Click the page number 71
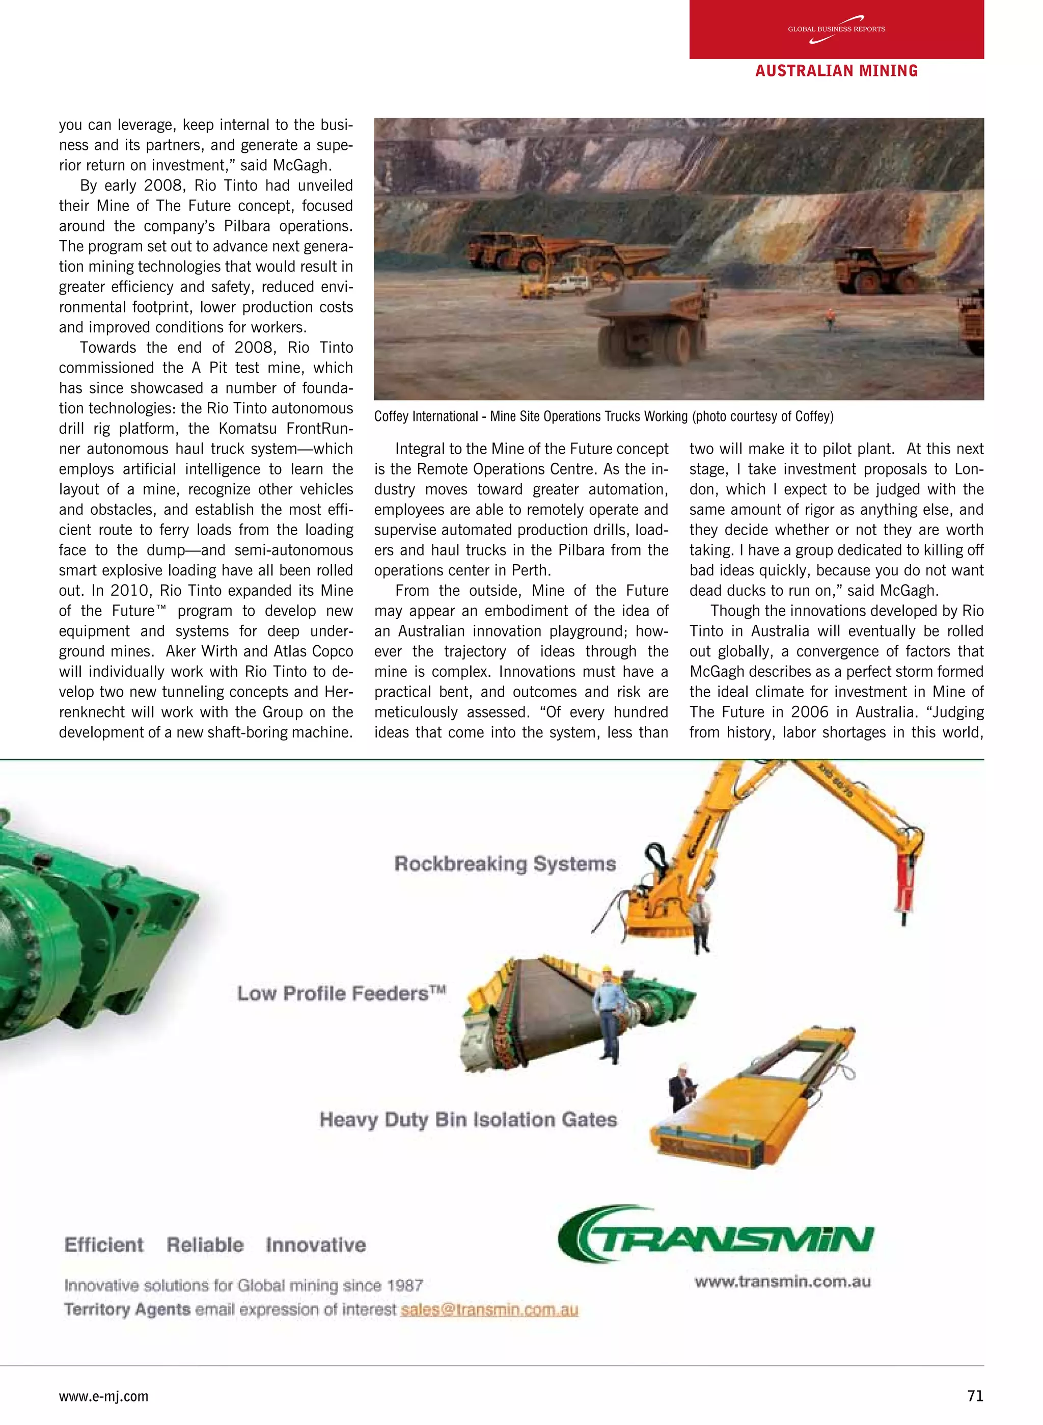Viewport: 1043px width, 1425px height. click(x=975, y=1396)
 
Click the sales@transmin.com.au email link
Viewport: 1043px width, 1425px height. click(x=489, y=1309)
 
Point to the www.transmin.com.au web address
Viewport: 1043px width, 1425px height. click(x=782, y=1282)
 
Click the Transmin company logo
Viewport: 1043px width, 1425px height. click(x=716, y=1235)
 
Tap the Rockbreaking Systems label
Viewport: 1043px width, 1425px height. click(x=505, y=863)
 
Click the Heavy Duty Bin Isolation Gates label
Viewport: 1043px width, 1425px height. click(x=468, y=1120)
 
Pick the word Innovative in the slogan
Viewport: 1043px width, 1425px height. click(x=316, y=1245)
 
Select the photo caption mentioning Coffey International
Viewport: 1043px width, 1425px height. click(x=603, y=416)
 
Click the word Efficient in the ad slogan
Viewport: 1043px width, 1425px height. click(x=104, y=1245)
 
